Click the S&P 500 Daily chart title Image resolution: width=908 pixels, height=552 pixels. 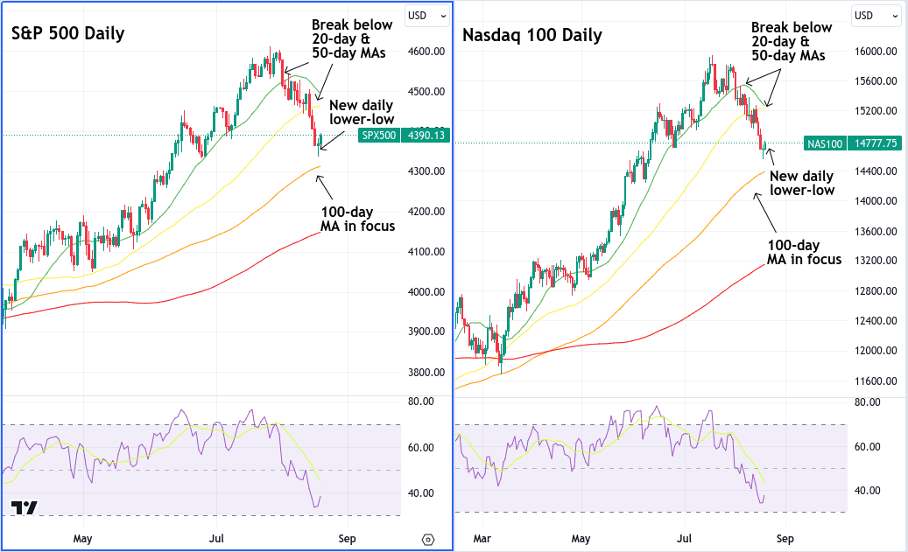pyautogui.click(x=67, y=33)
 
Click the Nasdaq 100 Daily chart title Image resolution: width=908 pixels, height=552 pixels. pyautogui.click(x=532, y=36)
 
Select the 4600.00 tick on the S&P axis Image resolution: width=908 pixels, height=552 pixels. pyautogui.click(x=426, y=52)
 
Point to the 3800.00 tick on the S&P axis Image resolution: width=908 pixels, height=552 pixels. pyautogui.click(x=426, y=372)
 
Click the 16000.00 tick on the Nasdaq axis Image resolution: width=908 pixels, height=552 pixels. pyautogui.click(x=876, y=52)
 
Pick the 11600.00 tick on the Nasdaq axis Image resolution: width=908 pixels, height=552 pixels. pyautogui.click(x=876, y=381)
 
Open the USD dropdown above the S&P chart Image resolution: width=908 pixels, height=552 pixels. pyautogui.click(x=427, y=16)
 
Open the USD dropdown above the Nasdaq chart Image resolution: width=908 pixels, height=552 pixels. pyautogui.click(x=875, y=16)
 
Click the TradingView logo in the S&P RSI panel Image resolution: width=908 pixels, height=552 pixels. pyautogui.click(x=25, y=507)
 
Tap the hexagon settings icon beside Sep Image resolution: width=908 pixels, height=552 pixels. pyautogui.click(x=428, y=540)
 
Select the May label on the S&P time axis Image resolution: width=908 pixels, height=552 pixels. pyautogui.click(x=83, y=539)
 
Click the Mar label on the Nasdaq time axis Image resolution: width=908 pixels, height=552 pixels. pyautogui.click(x=482, y=539)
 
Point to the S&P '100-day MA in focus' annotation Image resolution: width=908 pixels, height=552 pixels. pyautogui.click(x=358, y=220)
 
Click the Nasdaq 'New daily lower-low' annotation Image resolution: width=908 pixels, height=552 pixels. pyautogui.click(x=802, y=184)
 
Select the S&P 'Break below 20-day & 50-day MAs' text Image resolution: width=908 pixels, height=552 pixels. pyautogui.click(x=352, y=38)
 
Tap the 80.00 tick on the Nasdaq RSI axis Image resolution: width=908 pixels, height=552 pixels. pyautogui.click(x=868, y=402)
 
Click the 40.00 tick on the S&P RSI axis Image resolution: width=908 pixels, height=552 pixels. pyautogui.click(x=421, y=493)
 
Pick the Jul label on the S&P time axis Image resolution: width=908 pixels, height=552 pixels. pyautogui.click(x=216, y=539)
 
